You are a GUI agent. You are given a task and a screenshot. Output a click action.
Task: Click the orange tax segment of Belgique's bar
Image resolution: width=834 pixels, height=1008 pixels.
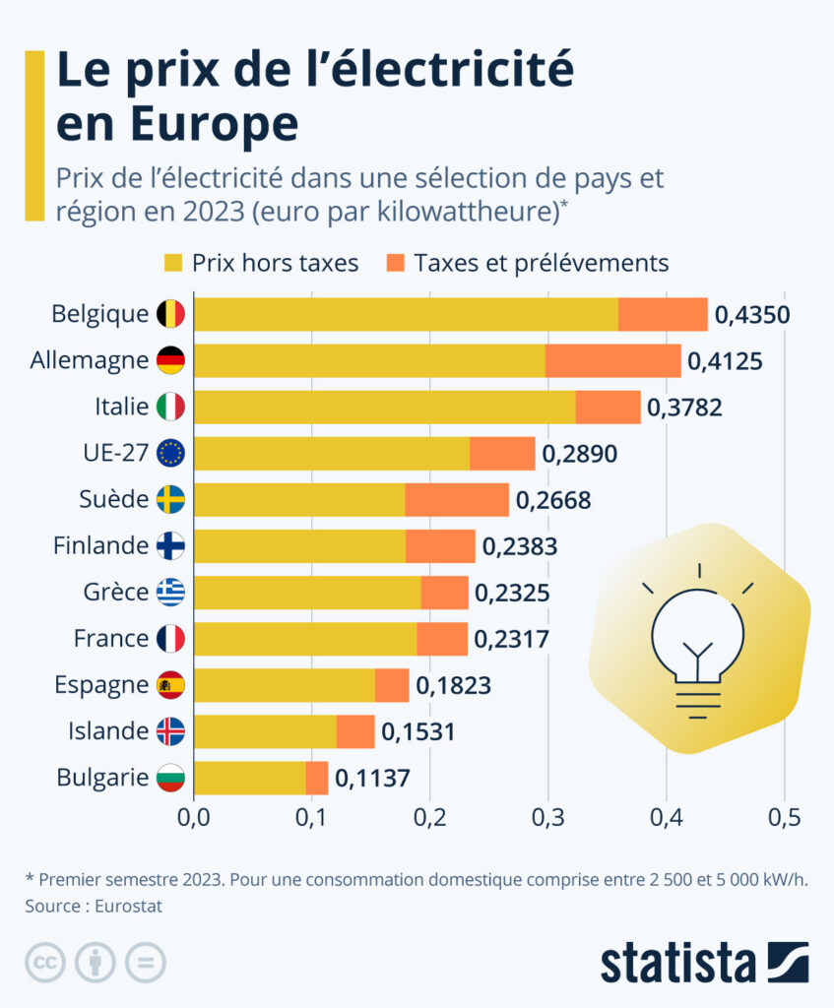[663, 314]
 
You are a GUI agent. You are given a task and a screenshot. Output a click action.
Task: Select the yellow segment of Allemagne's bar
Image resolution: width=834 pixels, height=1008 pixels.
[369, 360]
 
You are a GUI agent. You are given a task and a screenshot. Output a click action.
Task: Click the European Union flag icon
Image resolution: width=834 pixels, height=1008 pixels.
[170, 453]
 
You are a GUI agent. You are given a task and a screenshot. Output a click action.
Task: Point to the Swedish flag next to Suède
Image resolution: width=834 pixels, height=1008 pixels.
[170, 499]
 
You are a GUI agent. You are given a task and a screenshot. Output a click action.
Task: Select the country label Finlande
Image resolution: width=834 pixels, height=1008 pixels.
[100, 545]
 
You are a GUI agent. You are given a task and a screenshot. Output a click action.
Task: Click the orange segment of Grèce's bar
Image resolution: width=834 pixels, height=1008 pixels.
[444, 593]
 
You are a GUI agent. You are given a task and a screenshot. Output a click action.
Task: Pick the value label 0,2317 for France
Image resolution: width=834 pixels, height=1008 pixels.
[511, 639]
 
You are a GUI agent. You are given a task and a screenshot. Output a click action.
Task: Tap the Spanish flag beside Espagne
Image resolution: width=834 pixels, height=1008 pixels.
[170, 685]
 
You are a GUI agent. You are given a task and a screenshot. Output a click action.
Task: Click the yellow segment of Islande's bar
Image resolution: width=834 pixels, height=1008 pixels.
[265, 731]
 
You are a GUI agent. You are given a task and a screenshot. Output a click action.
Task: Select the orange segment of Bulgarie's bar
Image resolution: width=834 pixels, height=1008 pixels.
[317, 778]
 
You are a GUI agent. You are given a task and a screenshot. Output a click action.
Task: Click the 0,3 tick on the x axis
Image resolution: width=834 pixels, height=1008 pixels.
[547, 816]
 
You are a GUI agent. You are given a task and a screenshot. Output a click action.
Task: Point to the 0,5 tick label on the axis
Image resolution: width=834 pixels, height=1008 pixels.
[784, 816]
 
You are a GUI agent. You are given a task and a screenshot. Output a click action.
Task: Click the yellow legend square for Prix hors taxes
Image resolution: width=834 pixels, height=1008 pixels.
[173, 263]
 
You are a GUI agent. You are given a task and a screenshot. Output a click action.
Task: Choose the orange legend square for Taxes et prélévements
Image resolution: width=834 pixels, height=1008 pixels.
[396, 263]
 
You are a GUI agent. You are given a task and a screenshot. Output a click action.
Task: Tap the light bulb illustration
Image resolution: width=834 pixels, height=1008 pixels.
[698, 640]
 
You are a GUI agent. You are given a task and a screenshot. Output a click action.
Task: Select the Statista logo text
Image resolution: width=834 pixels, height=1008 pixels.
[678, 962]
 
